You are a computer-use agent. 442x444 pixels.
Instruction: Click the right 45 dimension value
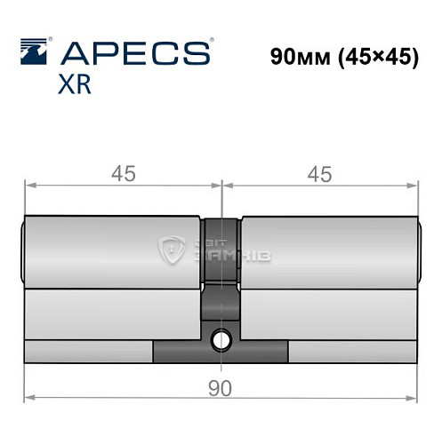318,176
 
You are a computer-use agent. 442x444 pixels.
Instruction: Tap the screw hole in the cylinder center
221,338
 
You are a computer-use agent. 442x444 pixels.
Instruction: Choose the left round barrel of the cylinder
111,252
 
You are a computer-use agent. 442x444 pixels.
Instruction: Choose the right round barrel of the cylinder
327,252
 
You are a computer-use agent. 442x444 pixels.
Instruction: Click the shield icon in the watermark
169,250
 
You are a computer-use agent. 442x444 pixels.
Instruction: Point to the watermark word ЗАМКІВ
231,257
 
